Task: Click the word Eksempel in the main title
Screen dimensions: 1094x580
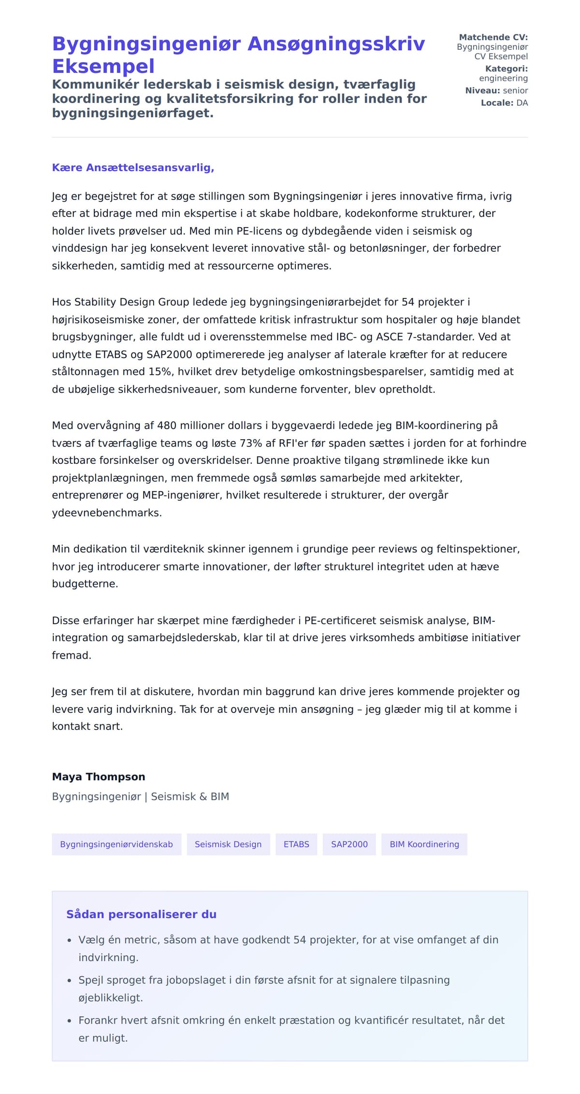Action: click(103, 66)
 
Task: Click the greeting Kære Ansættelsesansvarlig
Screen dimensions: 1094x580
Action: click(133, 168)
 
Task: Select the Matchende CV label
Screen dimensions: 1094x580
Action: click(493, 37)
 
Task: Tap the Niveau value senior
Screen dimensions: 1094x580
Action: click(515, 90)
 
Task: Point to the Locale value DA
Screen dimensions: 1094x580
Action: click(522, 103)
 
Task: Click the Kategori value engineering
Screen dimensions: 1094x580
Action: click(503, 78)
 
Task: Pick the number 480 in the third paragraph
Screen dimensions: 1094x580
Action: click(167, 426)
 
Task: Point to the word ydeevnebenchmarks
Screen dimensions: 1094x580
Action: click(107, 513)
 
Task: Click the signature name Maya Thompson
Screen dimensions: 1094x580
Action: click(99, 777)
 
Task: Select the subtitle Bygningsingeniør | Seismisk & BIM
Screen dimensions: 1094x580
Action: click(140, 796)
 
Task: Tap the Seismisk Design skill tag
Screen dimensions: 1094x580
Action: click(228, 844)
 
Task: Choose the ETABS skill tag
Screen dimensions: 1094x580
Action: click(296, 844)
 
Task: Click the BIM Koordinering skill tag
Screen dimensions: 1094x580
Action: click(424, 844)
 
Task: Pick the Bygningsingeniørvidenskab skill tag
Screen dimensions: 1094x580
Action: click(116, 844)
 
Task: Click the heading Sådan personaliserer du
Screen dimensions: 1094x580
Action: click(141, 914)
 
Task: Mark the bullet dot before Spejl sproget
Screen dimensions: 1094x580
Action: click(69, 980)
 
